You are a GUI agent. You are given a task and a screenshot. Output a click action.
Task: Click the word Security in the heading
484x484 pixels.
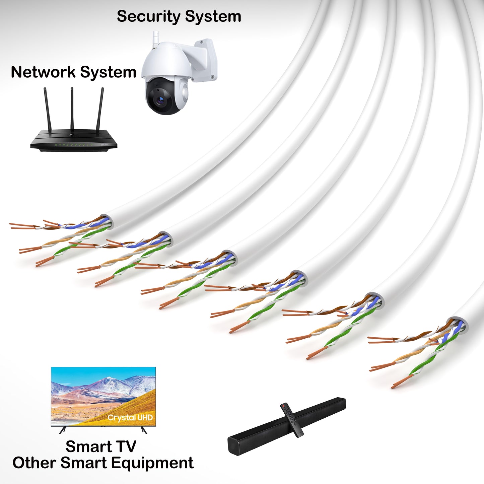[x=148, y=16]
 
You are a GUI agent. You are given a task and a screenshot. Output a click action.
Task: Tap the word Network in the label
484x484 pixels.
[x=43, y=72]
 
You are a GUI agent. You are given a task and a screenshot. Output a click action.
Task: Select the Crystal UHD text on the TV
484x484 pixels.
[x=130, y=418]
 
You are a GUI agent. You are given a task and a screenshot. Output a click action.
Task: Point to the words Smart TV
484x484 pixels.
[x=101, y=446]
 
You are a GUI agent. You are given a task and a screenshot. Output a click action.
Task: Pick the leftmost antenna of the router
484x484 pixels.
[x=47, y=111]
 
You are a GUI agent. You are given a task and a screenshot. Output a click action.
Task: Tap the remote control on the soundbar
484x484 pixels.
[x=292, y=420]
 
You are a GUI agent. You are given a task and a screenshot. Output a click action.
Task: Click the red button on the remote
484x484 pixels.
[x=283, y=406]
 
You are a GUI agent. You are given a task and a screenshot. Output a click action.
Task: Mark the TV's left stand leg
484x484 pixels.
[x=62, y=430]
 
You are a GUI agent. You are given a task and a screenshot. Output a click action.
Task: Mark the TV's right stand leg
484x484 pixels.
[x=144, y=430]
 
